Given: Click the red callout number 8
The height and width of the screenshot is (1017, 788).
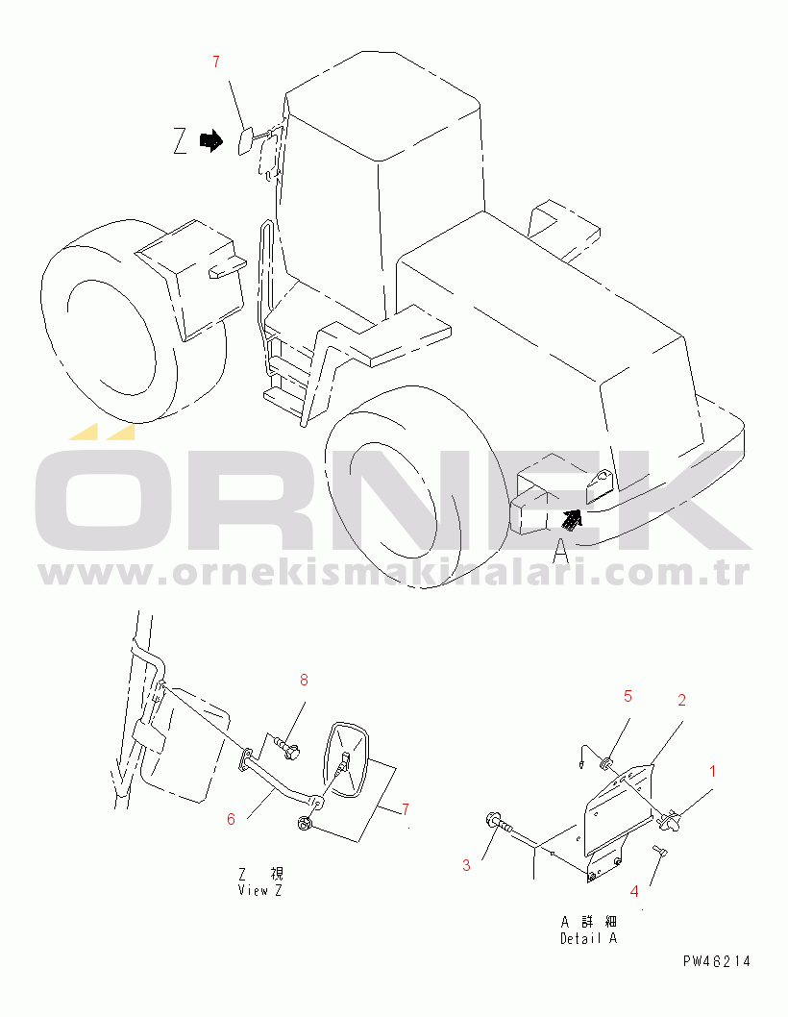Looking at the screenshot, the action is tap(304, 680).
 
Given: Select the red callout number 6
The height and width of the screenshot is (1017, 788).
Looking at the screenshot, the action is tap(231, 819).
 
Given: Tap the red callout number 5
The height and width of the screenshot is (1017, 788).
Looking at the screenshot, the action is tap(628, 696).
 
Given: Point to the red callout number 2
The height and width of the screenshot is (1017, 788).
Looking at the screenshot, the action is tap(681, 700).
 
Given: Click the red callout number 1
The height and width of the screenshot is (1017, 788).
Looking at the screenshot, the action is tap(713, 771).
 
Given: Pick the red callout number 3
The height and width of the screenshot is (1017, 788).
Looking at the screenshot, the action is tap(466, 865).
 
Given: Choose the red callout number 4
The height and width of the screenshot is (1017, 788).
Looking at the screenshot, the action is tap(634, 891).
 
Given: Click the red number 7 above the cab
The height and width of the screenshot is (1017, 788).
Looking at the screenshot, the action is tap(216, 62).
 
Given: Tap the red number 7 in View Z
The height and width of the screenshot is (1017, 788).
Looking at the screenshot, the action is tap(406, 809).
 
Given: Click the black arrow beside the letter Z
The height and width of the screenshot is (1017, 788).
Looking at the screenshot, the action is tap(210, 140).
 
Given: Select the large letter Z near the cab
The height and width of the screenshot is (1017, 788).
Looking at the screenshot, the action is tap(181, 140).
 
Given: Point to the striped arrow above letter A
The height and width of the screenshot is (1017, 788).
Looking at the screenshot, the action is tap(572, 519).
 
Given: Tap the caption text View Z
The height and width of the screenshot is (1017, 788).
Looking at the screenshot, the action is tap(260, 890).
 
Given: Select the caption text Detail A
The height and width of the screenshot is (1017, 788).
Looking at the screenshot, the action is tap(589, 938).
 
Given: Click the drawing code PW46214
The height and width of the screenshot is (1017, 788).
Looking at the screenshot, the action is tap(717, 961).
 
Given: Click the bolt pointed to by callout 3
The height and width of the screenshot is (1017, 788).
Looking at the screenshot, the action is tap(499, 824).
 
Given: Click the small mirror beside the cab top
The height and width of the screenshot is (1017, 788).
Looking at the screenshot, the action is tap(246, 140).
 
